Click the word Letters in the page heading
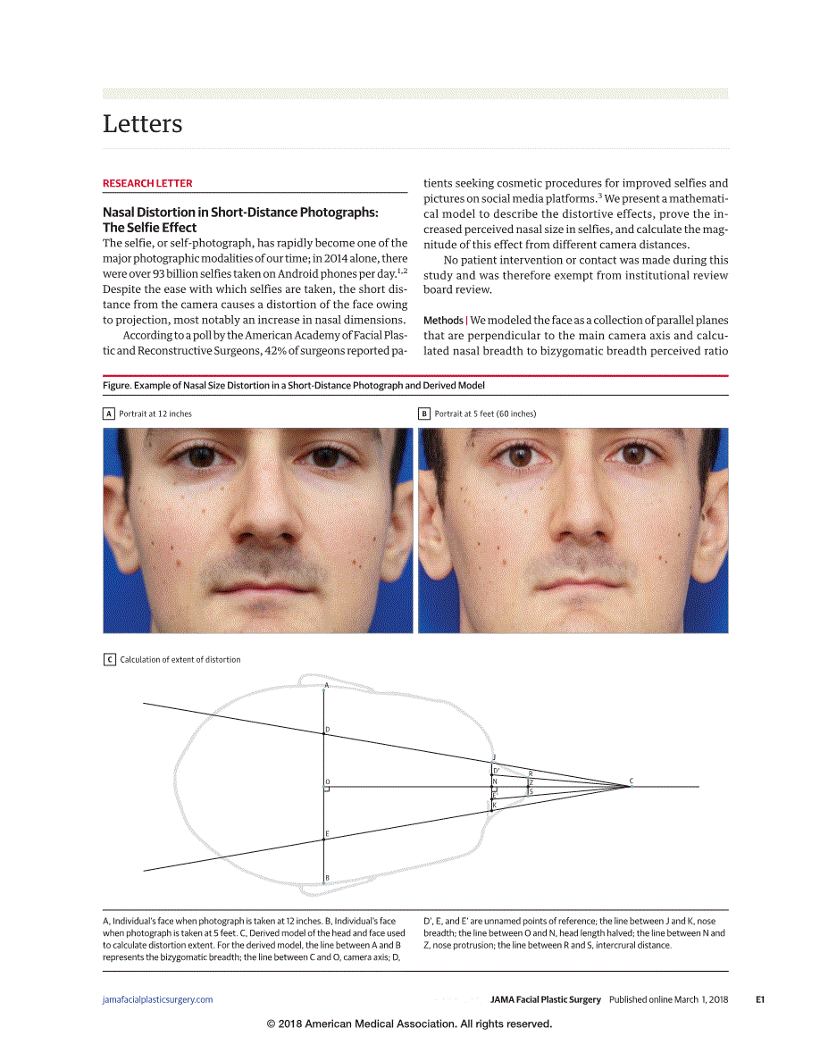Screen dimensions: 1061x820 (x=143, y=123)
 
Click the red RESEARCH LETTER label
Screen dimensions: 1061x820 (x=147, y=183)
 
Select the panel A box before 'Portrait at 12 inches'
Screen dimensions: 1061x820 (x=109, y=414)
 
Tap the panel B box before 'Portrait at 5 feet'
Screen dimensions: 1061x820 (x=424, y=414)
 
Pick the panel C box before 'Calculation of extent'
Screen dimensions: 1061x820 (x=109, y=659)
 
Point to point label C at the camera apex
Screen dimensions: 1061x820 (x=632, y=781)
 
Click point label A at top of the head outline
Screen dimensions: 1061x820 (x=326, y=686)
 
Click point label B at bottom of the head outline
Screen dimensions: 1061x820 (x=327, y=878)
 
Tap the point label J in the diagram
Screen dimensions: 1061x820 (x=494, y=757)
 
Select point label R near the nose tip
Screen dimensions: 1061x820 (x=531, y=773)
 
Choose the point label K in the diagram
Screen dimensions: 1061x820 (x=494, y=805)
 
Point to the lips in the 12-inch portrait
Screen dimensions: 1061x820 (x=256, y=594)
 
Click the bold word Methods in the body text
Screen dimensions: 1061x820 (x=443, y=321)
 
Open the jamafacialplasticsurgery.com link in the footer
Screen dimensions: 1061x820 (x=158, y=999)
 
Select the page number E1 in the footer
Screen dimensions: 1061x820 (x=760, y=999)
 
